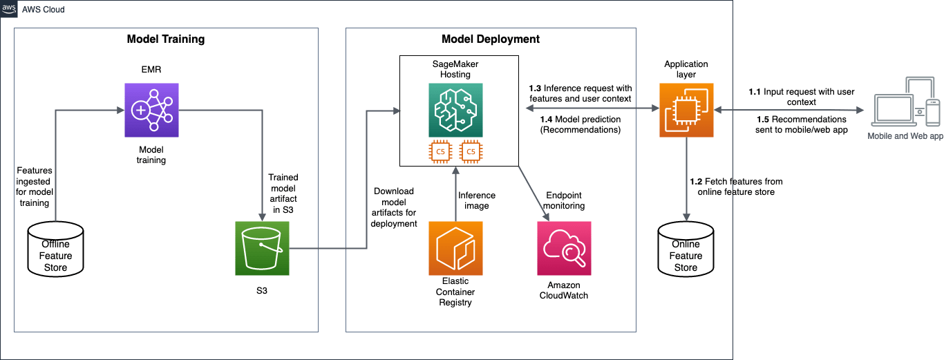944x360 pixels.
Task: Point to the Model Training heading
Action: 166,39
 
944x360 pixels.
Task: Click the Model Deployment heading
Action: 491,39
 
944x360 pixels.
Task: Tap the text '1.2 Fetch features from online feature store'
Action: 736,187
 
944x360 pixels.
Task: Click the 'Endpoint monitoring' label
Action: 565,200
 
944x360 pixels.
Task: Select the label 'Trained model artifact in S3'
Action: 282,193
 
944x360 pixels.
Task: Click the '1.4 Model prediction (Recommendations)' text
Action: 580,124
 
